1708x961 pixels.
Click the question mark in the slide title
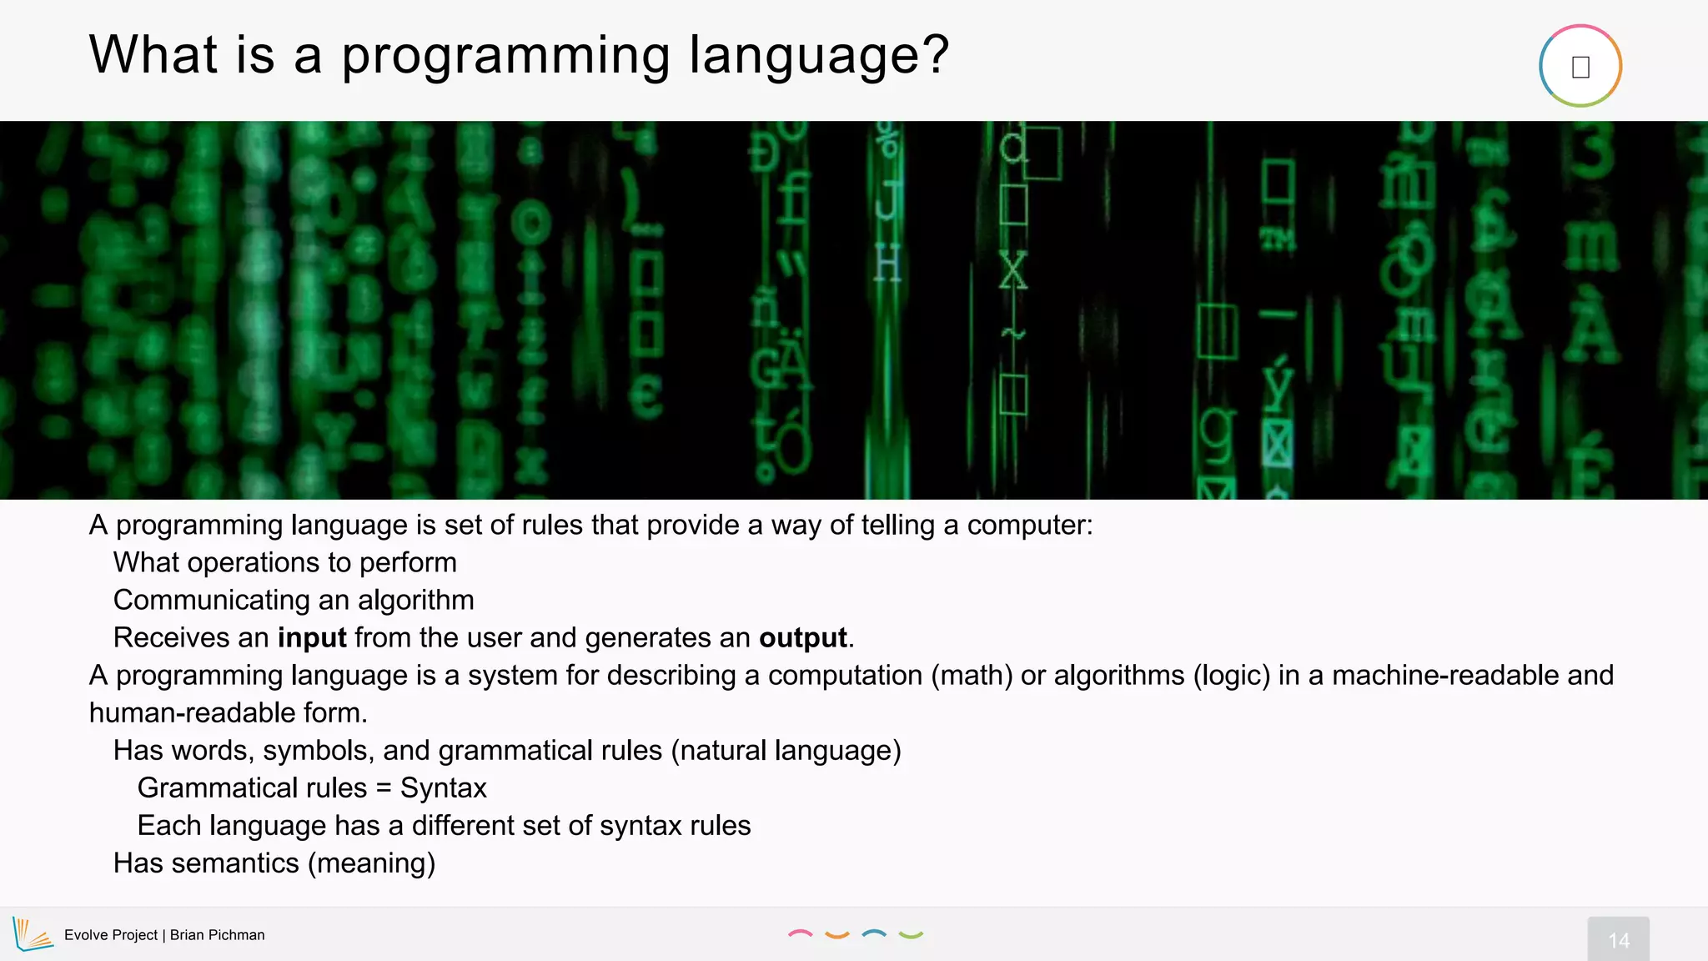pos(934,54)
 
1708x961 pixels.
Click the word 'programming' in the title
pos(505,57)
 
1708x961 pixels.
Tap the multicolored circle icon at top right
pos(1580,66)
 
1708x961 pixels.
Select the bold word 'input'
pos(312,638)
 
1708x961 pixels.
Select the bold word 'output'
pos(802,638)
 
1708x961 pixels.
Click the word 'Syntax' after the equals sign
pos(443,788)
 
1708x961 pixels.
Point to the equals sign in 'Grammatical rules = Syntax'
pos(383,788)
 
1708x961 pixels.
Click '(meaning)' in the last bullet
pos(371,863)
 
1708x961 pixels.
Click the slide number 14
pos(1618,940)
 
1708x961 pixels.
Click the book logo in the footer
pos(33,934)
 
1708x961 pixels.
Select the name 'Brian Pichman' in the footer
pos(217,935)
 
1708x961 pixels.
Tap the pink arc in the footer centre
pos(800,934)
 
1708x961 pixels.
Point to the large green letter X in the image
pos(1012,271)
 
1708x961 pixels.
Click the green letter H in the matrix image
pos(887,265)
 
